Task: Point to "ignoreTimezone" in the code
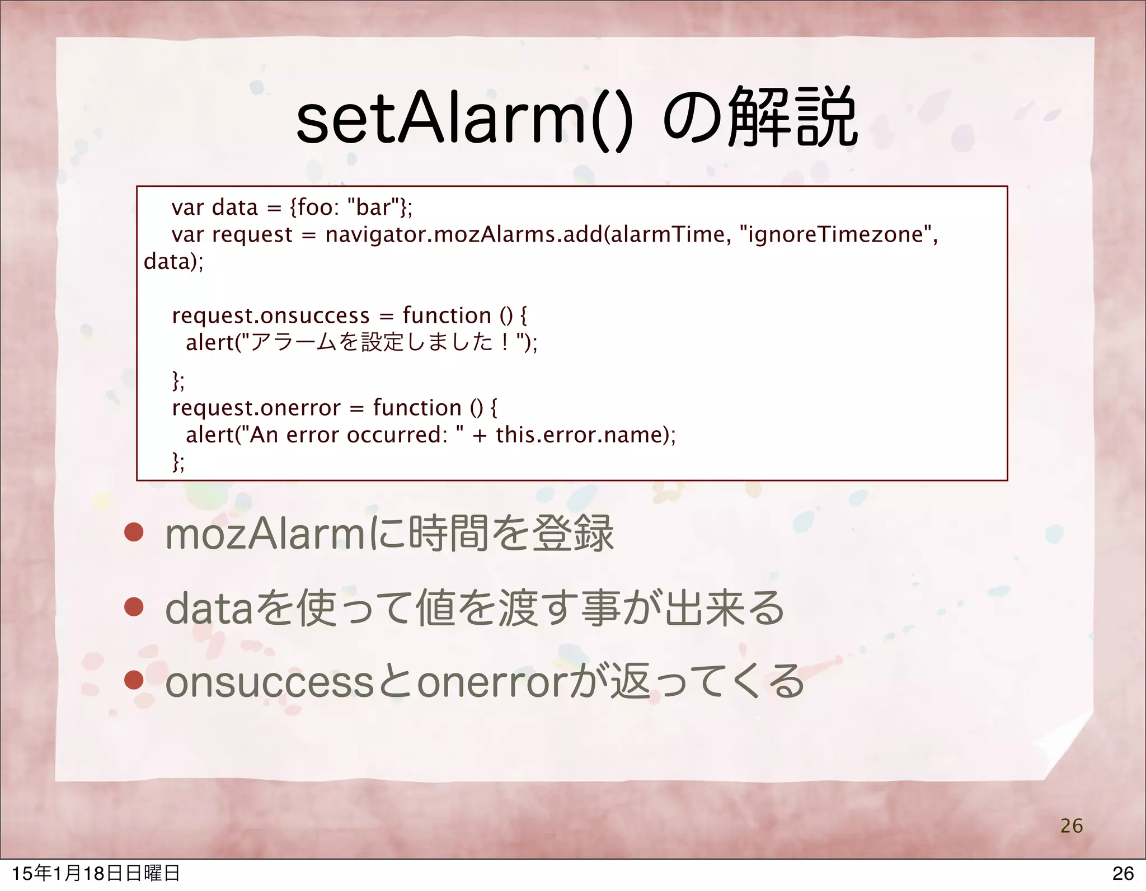(836, 234)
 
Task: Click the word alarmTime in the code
(668, 234)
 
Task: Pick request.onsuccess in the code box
(271, 315)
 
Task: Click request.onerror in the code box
(256, 408)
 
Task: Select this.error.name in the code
(582, 435)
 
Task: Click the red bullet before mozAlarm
(134, 533)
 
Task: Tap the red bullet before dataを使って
(134, 607)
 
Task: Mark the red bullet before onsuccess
(134, 681)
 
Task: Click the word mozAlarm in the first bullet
(266, 534)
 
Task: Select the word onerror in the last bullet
(492, 682)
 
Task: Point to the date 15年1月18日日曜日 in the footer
(95, 873)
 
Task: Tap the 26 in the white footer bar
(1122, 873)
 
